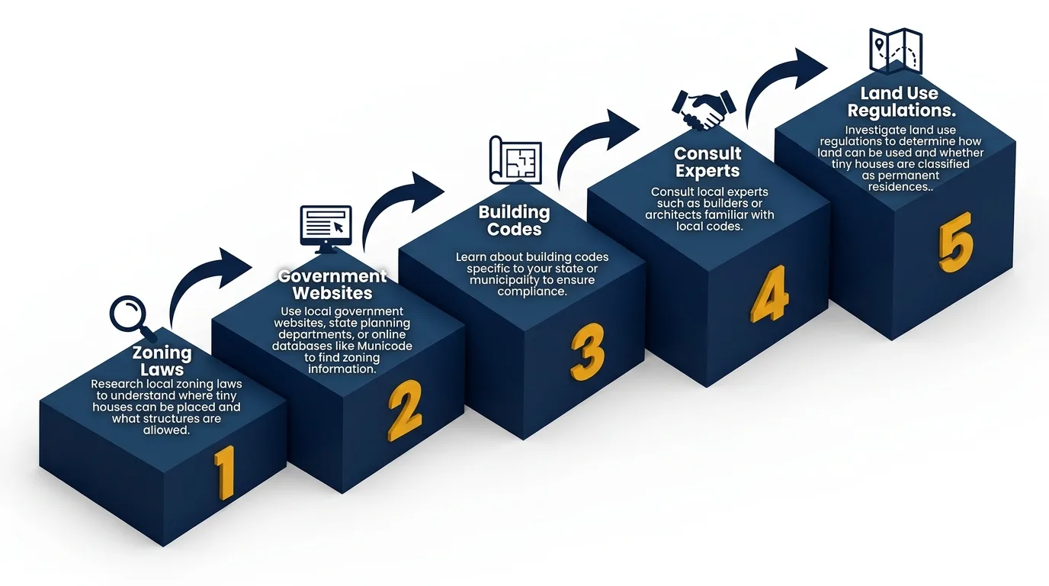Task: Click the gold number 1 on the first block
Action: [223, 472]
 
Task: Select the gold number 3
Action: [588, 352]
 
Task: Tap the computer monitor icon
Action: [326, 227]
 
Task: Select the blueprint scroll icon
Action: [515, 160]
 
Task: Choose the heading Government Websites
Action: [332, 285]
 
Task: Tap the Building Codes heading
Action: [514, 221]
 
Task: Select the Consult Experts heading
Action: [707, 163]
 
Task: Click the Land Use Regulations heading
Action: [900, 101]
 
